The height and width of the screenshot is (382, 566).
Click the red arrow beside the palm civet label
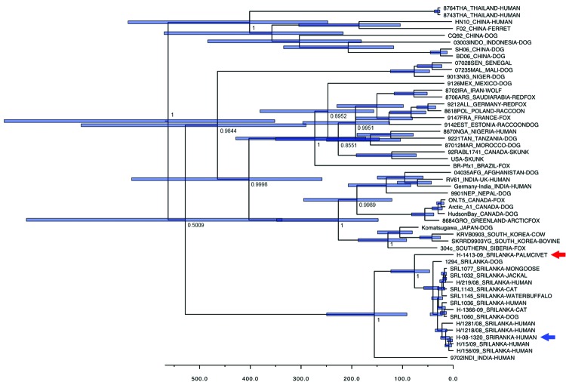(x=556, y=255)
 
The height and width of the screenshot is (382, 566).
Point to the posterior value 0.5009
(x=198, y=224)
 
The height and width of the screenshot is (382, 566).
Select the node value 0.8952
(x=341, y=116)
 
